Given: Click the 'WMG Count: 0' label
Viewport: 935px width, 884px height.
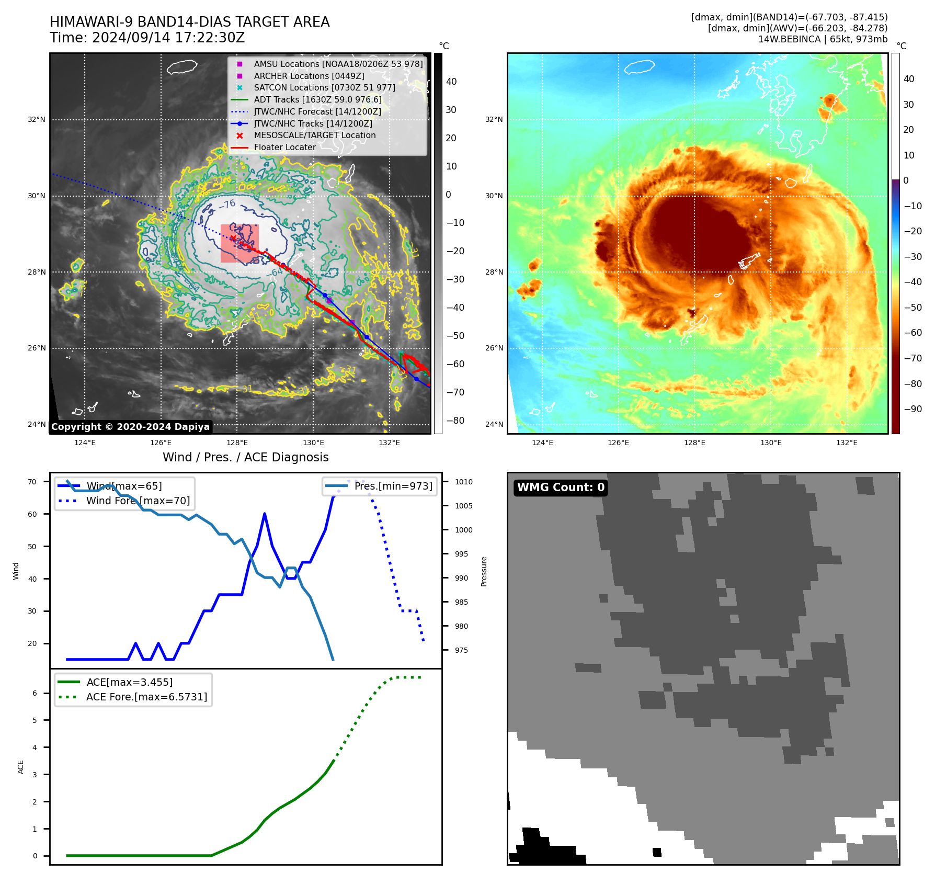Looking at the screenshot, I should pyautogui.click(x=560, y=488).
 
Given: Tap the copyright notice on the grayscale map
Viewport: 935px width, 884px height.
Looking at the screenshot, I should pyautogui.click(x=130, y=427).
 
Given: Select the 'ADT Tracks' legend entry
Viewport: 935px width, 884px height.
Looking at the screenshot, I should pyautogui.click(x=317, y=99).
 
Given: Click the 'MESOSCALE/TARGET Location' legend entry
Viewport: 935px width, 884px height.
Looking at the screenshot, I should pyautogui.click(x=314, y=135).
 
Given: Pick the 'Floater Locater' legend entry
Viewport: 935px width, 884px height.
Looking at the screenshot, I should pyautogui.click(x=284, y=147).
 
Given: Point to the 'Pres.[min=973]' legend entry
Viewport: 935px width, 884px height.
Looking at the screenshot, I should pyautogui.click(x=393, y=486).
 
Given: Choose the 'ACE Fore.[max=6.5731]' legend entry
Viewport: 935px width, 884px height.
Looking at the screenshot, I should pyautogui.click(x=146, y=697).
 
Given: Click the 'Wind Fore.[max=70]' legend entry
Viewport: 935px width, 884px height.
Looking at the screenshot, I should pyautogui.click(x=138, y=501).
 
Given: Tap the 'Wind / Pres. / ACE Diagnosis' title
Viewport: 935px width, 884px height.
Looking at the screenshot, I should pyautogui.click(x=246, y=457).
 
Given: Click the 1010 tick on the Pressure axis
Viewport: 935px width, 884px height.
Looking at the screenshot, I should pyautogui.click(x=463, y=482).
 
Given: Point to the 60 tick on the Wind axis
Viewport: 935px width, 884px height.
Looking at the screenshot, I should pyautogui.click(x=32, y=514).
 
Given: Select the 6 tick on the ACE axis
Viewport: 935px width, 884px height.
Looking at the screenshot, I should pyautogui.click(x=35, y=693).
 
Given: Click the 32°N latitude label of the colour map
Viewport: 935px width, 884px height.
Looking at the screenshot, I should pyautogui.click(x=494, y=119).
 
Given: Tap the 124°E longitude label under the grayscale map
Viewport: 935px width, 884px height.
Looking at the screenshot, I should pyautogui.click(x=85, y=443).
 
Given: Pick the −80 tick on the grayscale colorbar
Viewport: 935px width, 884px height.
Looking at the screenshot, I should pyautogui.click(x=455, y=420).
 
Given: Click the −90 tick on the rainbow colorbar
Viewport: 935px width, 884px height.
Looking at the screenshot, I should pyautogui.click(x=913, y=409).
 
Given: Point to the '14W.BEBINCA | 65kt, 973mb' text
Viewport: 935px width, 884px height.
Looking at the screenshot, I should pyautogui.click(x=823, y=39).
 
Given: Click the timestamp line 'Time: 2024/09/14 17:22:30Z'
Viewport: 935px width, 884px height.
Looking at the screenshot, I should pyautogui.click(x=147, y=38).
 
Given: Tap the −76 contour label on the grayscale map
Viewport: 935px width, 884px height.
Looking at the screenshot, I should pyautogui.click(x=227, y=204).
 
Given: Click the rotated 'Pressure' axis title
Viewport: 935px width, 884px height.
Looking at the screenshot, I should pyautogui.click(x=484, y=571).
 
